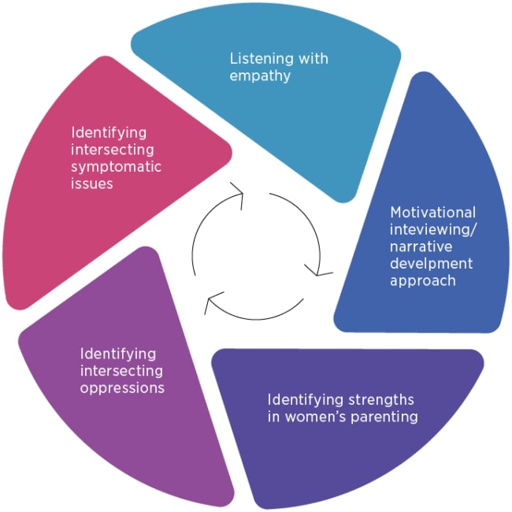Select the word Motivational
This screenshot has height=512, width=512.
click(x=432, y=213)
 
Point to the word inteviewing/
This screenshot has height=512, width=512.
click(x=433, y=230)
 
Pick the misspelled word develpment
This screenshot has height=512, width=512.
click(x=432, y=264)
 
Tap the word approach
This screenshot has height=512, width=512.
click(x=423, y=281)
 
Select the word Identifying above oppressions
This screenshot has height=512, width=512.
click(x=117, y=354)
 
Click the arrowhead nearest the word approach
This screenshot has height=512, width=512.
click(x=321, y=272)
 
